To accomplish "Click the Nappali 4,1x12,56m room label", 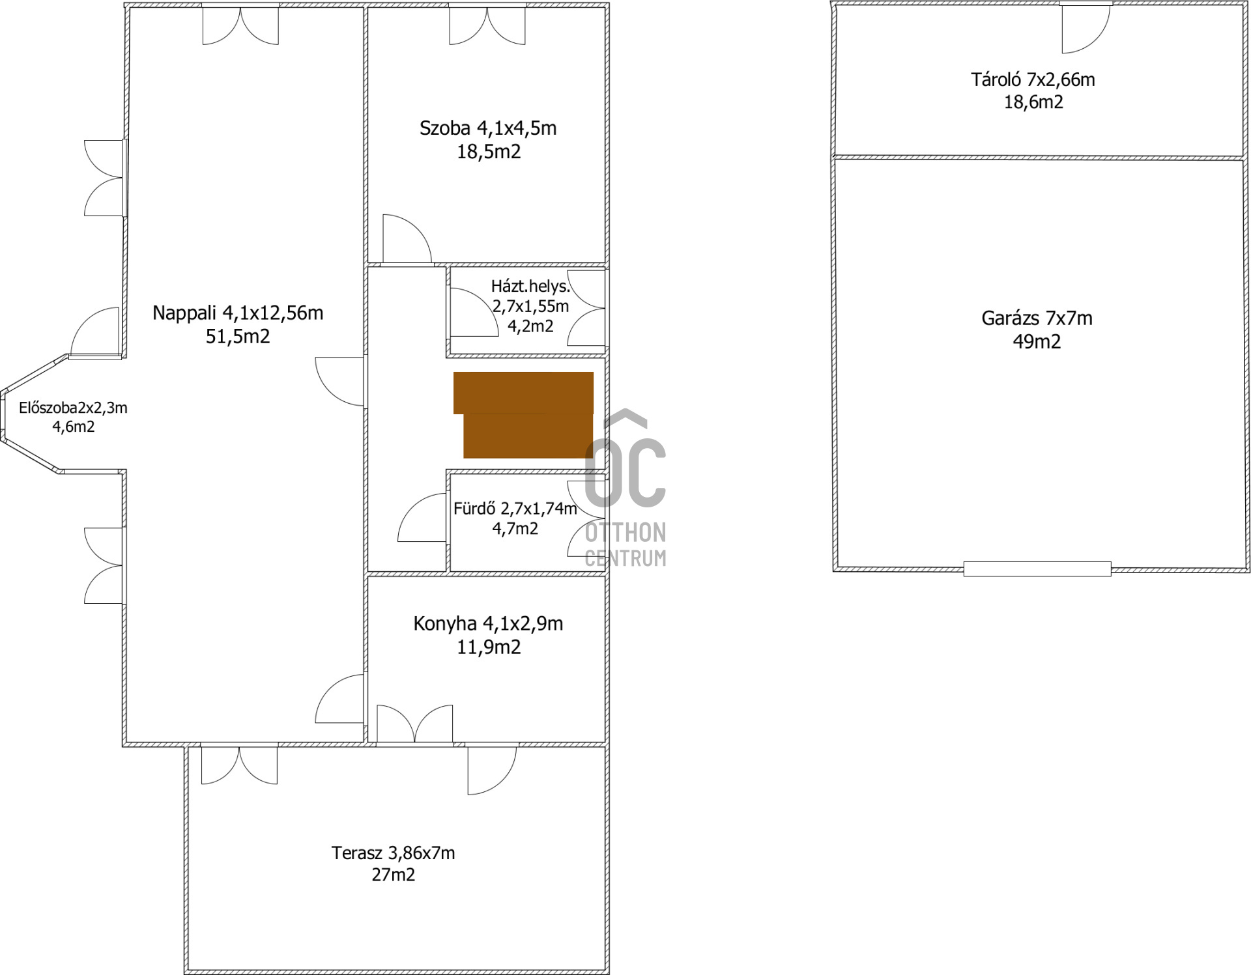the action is click(238, 313).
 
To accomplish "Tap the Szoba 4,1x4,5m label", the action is click(488, 128).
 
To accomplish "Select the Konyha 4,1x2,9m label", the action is click(488, 624).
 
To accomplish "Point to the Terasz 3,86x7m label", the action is click(393, 853).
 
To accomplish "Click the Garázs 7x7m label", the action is click(1037, 318).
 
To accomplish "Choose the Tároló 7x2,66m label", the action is click(1033, 80).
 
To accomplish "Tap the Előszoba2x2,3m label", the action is click(73, 408).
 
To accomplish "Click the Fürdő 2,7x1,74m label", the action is click(515, 509).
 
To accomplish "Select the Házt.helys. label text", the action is click(530, 287).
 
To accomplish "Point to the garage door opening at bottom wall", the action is click(1037, 569).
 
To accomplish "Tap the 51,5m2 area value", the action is click(238, 337).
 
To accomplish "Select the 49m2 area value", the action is click(1037, 342).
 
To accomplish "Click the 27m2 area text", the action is click(393, 875).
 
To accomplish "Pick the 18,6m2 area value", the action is click(1033, 102).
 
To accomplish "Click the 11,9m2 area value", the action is click(489, 647).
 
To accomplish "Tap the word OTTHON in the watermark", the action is click(625, 533).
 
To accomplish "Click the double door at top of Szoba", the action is click(487, 25).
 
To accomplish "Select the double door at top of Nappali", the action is click(240, 25).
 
